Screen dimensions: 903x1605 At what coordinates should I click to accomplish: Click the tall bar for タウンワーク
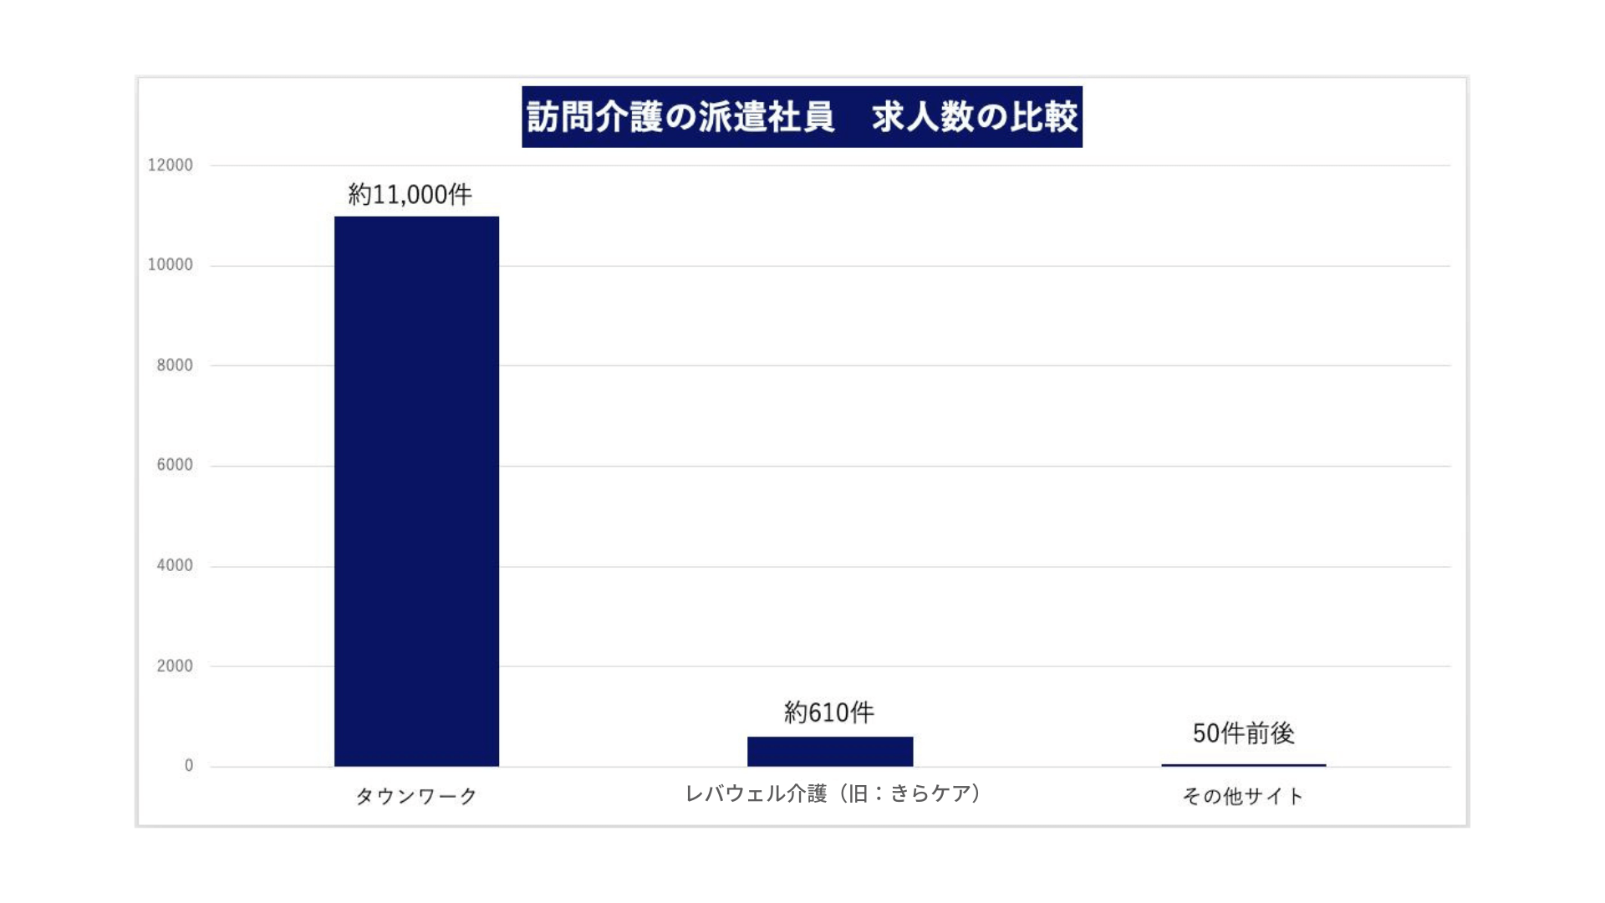pos(416,492)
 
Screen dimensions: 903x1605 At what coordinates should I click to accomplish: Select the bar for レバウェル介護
pos(829,751)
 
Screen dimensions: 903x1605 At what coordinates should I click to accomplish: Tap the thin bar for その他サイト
pos(1243,764)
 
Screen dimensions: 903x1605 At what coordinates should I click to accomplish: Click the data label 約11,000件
pos(410,195)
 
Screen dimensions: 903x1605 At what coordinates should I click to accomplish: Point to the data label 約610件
pos(828,712)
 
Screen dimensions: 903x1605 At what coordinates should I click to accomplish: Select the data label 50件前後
pos(1243,733)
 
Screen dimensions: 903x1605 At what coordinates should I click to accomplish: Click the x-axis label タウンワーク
pos(416,796)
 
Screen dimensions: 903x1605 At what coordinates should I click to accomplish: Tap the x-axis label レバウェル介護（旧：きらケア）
pos(833,793)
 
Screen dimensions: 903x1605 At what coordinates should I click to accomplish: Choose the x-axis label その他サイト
pos(1243,796)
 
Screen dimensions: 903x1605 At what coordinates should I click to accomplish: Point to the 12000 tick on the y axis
pos(171,165)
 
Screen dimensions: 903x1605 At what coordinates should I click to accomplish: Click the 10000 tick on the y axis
pos(171,265)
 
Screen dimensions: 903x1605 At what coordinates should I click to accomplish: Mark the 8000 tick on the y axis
pos(175,365)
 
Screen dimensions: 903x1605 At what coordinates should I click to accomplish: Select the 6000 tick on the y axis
pos(175,465)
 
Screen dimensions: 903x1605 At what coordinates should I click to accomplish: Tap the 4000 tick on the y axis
pos(175,565)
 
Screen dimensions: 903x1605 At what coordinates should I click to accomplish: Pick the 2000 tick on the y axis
pos(175,666)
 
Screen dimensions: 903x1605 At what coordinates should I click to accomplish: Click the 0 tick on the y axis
pos(189,765)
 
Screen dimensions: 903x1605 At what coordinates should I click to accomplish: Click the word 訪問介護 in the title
pos(594,117)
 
